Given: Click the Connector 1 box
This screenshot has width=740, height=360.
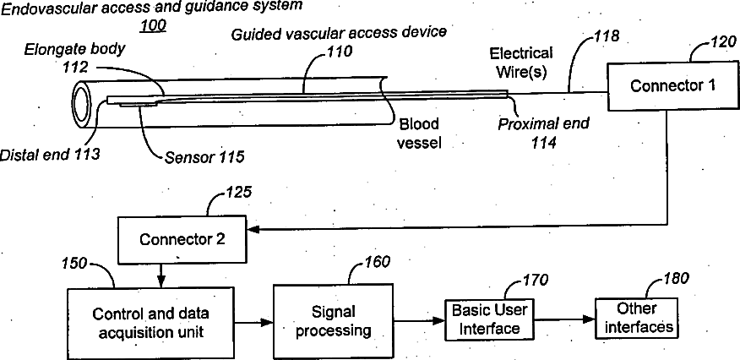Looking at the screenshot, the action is tap(672, 86).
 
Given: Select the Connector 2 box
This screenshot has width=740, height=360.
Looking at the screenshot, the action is tap(182, 239).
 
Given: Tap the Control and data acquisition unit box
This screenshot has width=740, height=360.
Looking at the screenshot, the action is tap(150, 323).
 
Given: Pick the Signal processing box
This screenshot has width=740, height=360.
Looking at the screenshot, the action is tap(333, 321).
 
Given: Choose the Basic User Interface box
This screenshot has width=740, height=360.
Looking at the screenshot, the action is tap(489, 319).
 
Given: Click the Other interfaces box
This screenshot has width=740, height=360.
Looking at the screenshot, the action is tap(636, 318).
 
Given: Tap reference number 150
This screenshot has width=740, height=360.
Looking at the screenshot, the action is tap(75, 263).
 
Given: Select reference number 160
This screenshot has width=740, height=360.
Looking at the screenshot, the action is tap(377, 261).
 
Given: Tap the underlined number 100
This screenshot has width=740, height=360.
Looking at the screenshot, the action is tap(152, 25).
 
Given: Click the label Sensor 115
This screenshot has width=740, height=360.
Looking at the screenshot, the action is tap(204, 157).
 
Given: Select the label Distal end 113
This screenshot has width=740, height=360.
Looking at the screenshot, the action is tap(50, 155).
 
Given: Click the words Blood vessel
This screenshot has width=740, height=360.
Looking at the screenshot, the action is tap(418, 133).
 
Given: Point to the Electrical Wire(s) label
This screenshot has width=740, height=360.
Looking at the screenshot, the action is tap(521, 63).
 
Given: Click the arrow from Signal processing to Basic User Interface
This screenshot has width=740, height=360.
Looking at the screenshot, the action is tap(419, 321).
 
